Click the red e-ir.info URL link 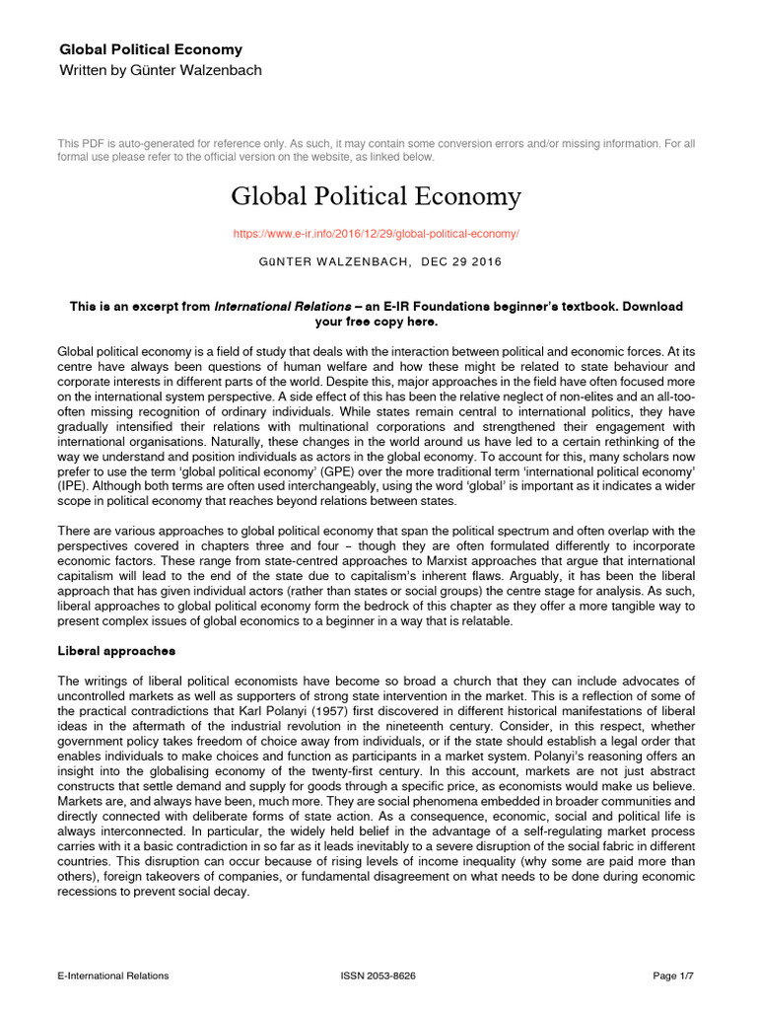point(376,234)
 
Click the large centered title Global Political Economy point(376,196)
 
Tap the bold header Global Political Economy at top point(151,49)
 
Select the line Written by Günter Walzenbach point(161,70)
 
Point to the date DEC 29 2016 point(461,261)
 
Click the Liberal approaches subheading point(116,652)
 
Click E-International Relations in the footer point(113,975)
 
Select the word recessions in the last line point(91,892)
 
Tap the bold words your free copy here point(376,322)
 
